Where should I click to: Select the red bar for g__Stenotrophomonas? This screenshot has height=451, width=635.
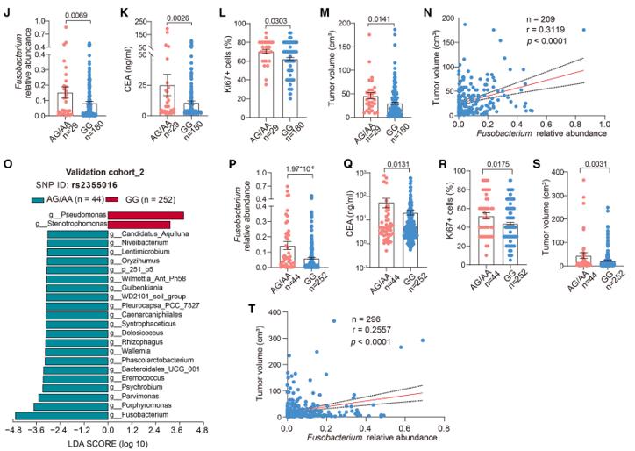[139, 225]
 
